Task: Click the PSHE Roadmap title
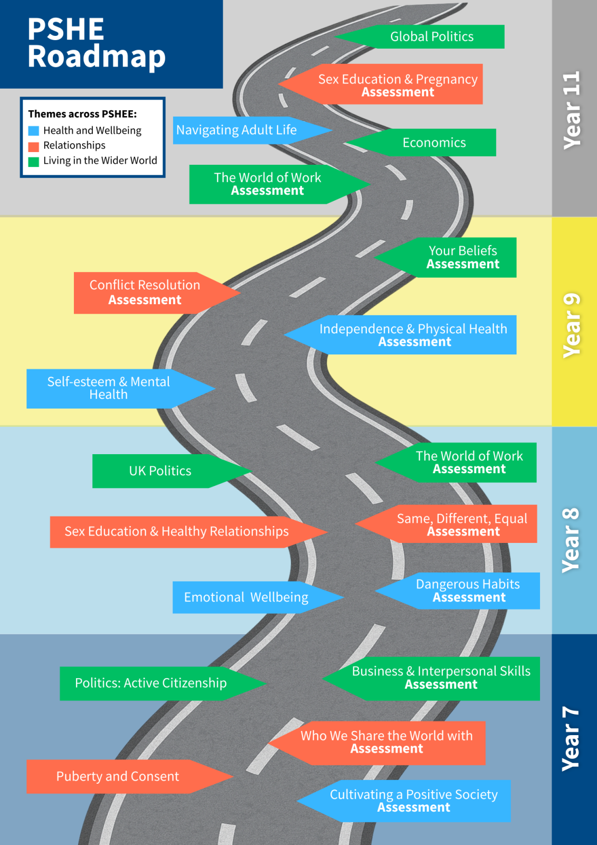point(97,43)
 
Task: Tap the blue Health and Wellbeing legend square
point(34,130)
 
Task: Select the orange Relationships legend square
point(34,146)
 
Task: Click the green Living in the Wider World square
point(34,162)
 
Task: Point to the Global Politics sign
point(431,36)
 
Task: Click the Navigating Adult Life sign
point(236,130)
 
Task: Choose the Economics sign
point(434,143)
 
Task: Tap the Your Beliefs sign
point(462,257)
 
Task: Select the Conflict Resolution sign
point(145,293)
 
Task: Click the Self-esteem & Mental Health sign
point(109,388)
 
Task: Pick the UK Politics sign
point(160,471)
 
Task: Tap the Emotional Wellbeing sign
point(246,597)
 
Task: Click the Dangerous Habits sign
point(468,590)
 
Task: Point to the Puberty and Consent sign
point(118,776)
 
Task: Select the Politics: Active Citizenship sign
point(151,683)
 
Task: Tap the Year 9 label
point(572,325)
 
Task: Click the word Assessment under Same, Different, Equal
point(463,532)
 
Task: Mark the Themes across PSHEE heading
point(82,114)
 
